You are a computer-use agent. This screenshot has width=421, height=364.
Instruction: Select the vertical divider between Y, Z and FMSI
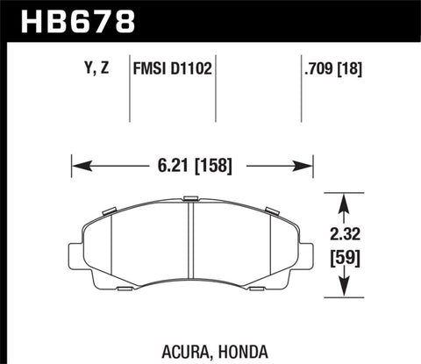(x=130, y=88)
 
